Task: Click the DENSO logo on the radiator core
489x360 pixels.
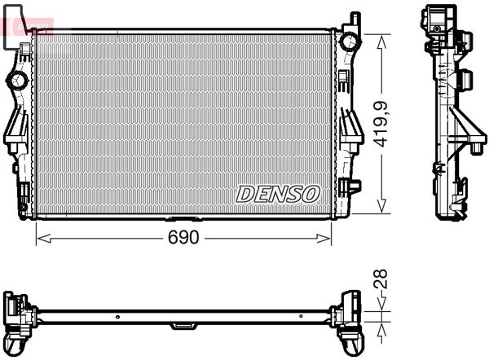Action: pyautogui.click(x=278, y=194)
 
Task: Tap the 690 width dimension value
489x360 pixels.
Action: pyautogui.click(x=183, y=238)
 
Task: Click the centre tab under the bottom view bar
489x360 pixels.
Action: pyautogui.click(x=183, y=326)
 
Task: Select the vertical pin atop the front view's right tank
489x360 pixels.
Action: pyautogui.click(x=355, y=19)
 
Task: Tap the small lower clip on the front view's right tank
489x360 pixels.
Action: pyautogui.click(x=351, y=186)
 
